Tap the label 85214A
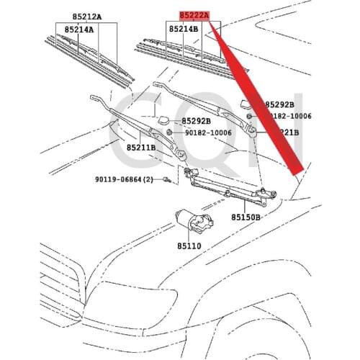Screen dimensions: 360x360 (81, 30)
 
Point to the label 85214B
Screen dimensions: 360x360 (184, 30)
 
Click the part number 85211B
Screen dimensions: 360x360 (142, 148)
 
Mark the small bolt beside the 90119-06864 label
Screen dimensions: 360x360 (166, 179)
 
